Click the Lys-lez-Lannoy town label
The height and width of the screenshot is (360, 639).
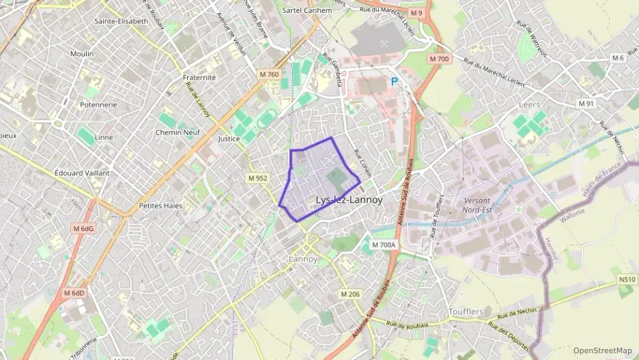click(349, 200)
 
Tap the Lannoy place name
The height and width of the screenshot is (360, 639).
click(303, 259)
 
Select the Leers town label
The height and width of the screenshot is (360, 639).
click(530, 105)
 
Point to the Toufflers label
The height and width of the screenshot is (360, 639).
click(466, 311)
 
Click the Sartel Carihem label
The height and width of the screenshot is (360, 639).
click(307, 11)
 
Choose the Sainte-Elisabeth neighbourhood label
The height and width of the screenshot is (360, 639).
click(124, 21)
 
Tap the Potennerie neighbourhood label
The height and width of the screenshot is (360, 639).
click(98, 105)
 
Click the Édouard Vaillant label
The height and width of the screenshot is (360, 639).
click(82, 173)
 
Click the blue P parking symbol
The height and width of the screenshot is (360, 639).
click(393, 81)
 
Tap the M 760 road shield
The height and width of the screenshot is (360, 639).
click(269, 74)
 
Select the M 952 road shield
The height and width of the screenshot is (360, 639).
click(257, 178)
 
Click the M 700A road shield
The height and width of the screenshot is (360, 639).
click(384, 245)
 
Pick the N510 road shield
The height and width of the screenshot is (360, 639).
click(627, 279)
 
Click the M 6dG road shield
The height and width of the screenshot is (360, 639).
click(84, 228)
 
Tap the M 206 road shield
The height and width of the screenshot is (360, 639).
click(350, 294)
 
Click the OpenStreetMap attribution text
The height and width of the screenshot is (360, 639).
click(602, 350)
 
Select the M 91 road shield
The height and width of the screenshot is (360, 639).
click(586, 104)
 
